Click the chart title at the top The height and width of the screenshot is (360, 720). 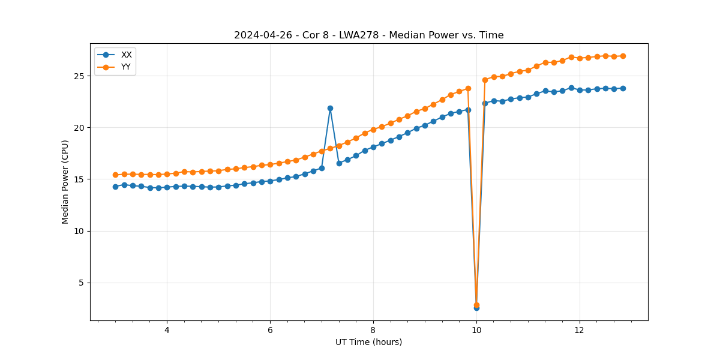pos(368,35)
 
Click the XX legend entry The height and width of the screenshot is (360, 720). pos(126,55)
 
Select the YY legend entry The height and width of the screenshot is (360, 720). pos(126,67)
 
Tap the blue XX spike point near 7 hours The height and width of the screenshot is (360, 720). pos(330,108)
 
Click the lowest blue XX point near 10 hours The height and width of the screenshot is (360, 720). pos(476,308)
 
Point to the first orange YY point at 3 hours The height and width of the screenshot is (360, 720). pos(115,175)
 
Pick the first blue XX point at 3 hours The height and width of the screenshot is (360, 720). pos(115,187)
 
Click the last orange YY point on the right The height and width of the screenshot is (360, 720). pos(623,56)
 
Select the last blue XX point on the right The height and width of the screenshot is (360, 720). pos(623,88)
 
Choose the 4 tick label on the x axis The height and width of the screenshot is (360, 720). pos(167,330)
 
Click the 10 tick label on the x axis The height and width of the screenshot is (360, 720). pos(476,330)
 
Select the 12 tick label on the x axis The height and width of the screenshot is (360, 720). pos(580,330)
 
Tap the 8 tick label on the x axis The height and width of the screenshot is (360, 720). pos(373,330)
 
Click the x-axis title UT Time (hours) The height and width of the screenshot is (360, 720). pos(368,342)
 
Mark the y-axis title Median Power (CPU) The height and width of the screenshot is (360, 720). pos(65,182)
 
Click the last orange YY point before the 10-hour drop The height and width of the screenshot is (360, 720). pos(468,88)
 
